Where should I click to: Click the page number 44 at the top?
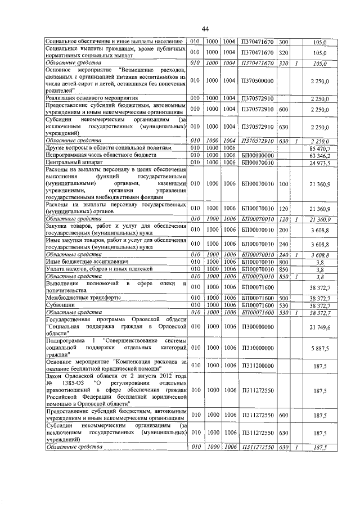205,29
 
